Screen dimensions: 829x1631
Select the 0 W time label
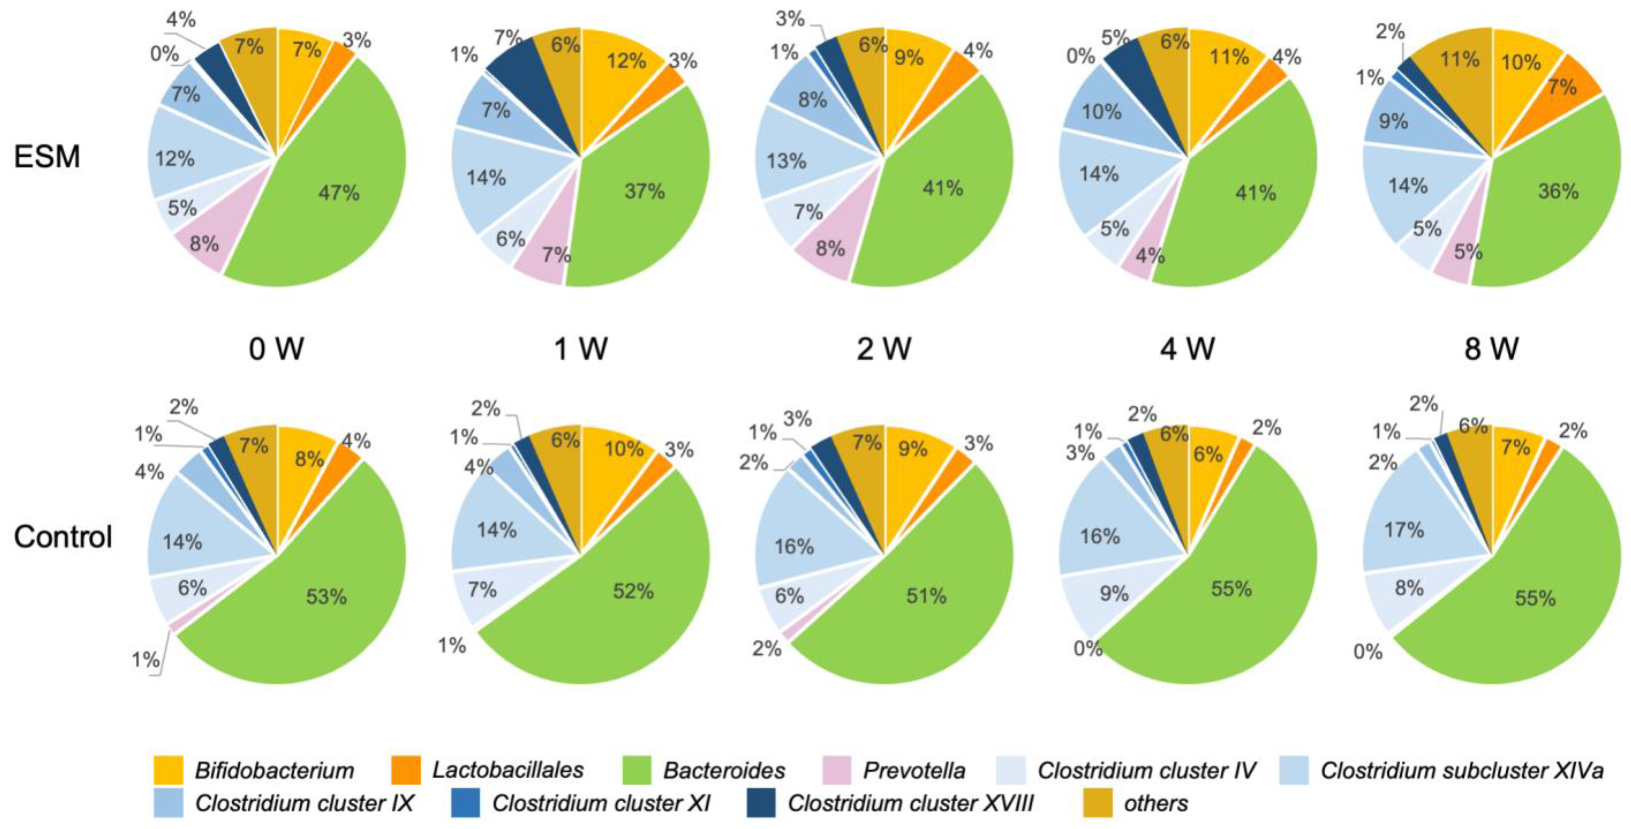[276, 349]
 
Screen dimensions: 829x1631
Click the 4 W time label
[1187, 349]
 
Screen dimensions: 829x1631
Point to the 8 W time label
[1491, 349]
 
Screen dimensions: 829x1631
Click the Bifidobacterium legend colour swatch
[169, 770]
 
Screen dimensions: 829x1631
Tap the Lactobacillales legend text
[508, 770]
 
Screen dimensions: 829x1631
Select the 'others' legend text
[1156, 803]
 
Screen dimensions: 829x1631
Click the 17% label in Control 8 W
[1404, 529]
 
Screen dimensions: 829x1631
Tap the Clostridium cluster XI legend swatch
[465, 803]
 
